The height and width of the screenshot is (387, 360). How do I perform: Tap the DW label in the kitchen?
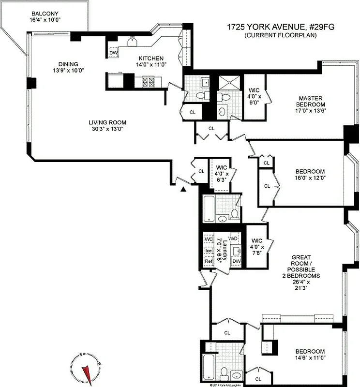click(113, 53)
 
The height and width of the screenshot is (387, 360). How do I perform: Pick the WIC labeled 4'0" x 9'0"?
click(255, 96)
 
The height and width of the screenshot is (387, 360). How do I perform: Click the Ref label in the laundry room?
click(209, 261)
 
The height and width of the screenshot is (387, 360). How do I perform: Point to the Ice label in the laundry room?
click(209, 251)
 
